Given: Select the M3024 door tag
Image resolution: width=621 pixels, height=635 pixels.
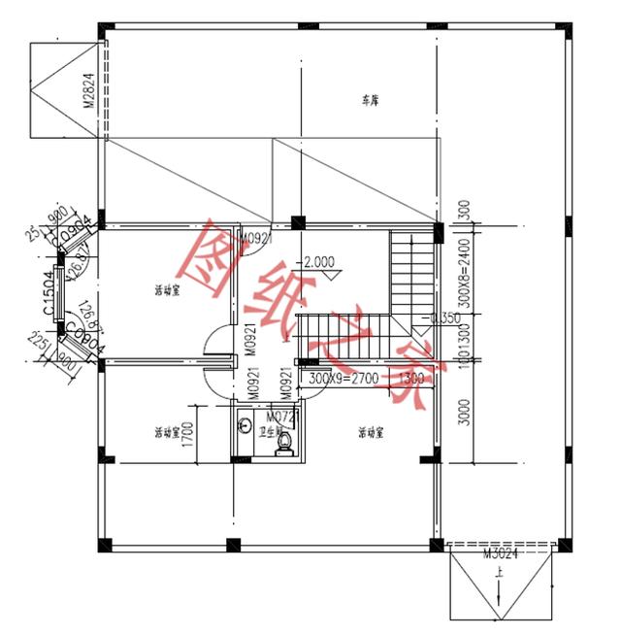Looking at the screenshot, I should [499, 553].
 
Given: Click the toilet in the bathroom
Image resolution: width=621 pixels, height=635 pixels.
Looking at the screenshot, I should [283, 443].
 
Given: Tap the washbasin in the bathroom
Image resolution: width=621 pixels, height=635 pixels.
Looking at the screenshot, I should [245, 423].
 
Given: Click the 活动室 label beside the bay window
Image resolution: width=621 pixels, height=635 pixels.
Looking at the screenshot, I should [168, 290].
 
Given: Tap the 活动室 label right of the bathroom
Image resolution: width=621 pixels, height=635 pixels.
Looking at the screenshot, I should [371, 432].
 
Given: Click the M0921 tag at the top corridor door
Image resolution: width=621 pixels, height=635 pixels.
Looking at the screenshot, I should [255, 238].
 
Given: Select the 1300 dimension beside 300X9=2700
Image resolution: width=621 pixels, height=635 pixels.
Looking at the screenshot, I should [410, 378].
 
